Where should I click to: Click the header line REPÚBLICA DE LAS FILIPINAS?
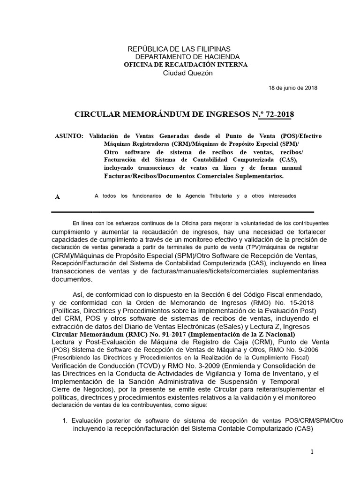tap(179, 49)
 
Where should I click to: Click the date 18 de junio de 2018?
tap(293, 88)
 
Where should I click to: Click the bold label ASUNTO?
tap(69, 136)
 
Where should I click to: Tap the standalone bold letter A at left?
tap(57, 197)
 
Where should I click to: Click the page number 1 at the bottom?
tap(311, 451)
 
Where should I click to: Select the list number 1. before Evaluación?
tap(65, 420)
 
